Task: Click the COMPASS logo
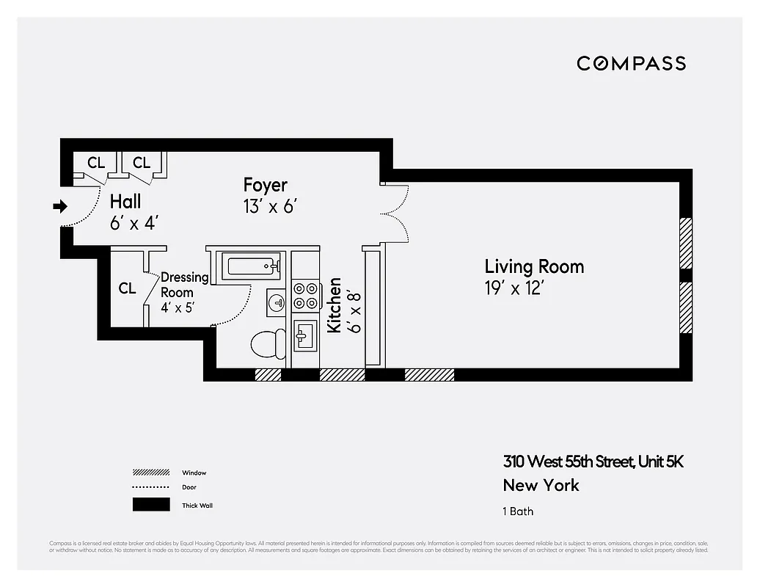(x=631, y=63)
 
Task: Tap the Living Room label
(x=534, y=266)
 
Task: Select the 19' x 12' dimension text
(x=514, y=288)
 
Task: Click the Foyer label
(x=265, y=185)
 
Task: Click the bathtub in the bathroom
(x=254, y=265)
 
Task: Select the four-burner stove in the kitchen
(x=306, y=295)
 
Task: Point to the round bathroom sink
(x=277, y=302)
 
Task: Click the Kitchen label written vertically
(x=335, y=305)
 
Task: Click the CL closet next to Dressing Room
(x=127, y=288)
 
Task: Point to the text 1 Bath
(x=518, y=511)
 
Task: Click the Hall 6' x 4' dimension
(x=134, y=223)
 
